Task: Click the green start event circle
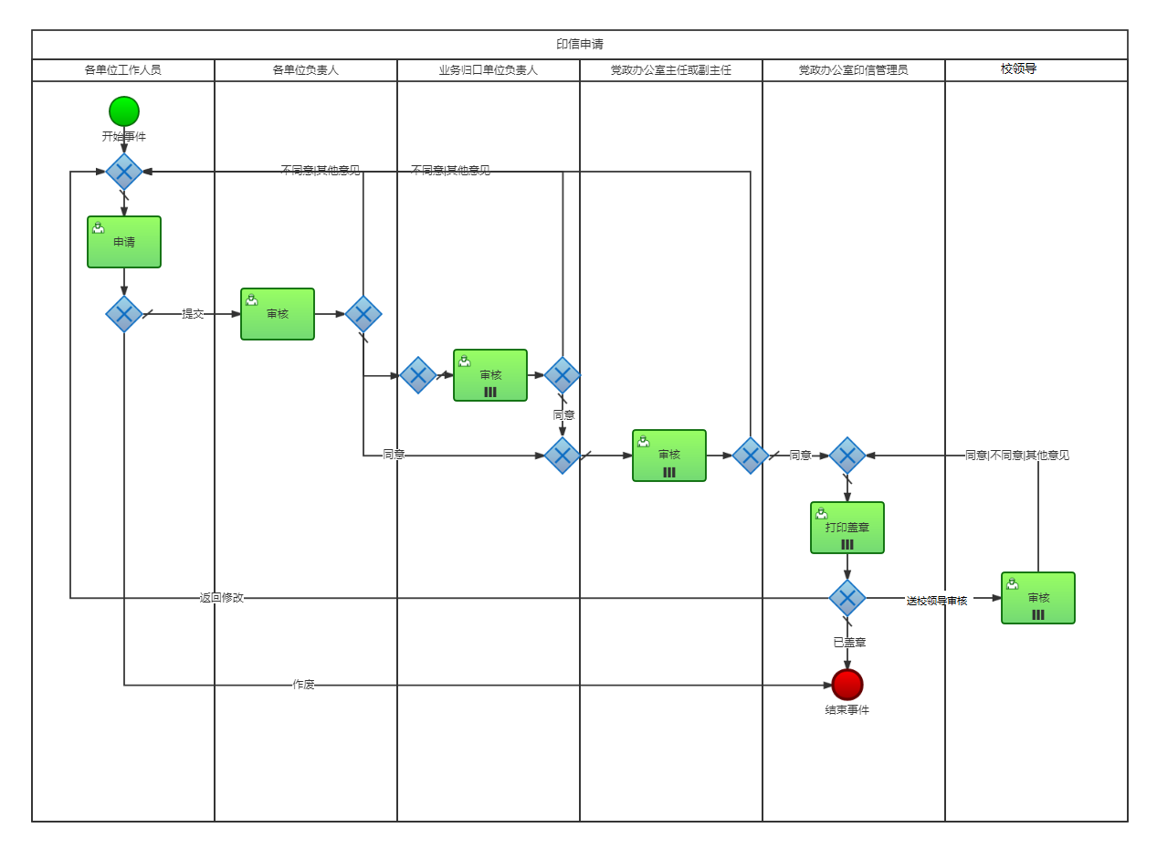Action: pos(124,111)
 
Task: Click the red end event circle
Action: pos(847,684)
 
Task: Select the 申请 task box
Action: pos(124,242)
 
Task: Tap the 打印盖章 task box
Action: pos(847,528)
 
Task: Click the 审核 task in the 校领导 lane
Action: pos(1038,598)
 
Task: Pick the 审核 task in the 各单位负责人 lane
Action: pos(278,314)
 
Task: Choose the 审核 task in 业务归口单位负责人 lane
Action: pos(490,375)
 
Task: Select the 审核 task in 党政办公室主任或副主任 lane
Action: pos(669,456)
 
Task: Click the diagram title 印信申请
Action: pos(580,44)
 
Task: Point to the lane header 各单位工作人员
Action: pos(123,69)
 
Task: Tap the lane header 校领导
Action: pos(1018,68)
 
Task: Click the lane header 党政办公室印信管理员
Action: pos(854,69)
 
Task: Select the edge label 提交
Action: pos(193,314)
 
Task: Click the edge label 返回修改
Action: pos(222,598)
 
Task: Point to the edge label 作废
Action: pos(304,685)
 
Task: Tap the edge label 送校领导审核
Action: pos(936,601)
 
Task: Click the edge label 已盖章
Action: pos(849,643)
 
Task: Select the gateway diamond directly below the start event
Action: pos(124,172)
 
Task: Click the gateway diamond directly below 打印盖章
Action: pos(847,598)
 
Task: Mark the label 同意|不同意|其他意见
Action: pos(1017,456)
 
